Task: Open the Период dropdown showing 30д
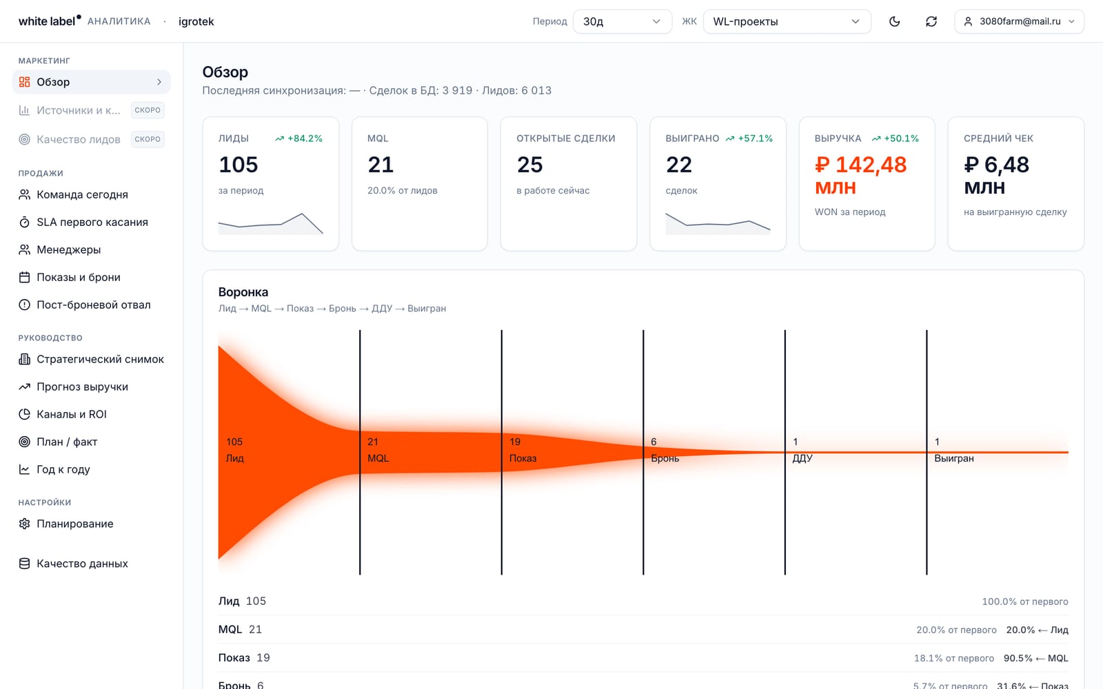623,21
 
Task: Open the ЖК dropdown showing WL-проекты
787,21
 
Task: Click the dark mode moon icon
894,21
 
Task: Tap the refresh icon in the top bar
931,21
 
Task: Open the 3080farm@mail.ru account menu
1020,21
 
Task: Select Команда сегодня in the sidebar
82,194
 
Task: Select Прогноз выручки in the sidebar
82,387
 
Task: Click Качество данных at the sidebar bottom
82,564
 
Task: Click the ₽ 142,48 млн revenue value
860,176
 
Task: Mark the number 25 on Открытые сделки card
529,165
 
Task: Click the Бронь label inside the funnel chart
665,458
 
